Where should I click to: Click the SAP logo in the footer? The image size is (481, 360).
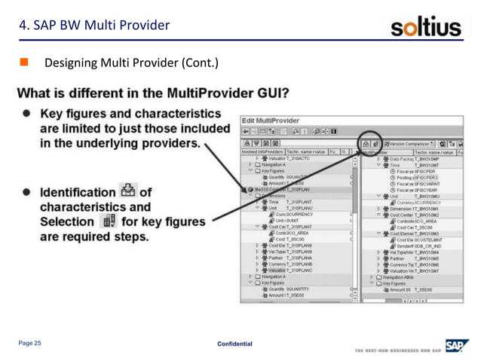(x=455, y=345)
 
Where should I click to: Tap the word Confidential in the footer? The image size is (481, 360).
(x=234, y=344)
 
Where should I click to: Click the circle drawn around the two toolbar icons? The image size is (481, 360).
(x=370, y=142)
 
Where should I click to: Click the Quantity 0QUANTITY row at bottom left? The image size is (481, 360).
(x=287, y=289)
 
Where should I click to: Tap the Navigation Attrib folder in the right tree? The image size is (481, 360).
(x=404, y=277)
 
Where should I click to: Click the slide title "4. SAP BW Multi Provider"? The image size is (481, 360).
(x=94, y=26)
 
